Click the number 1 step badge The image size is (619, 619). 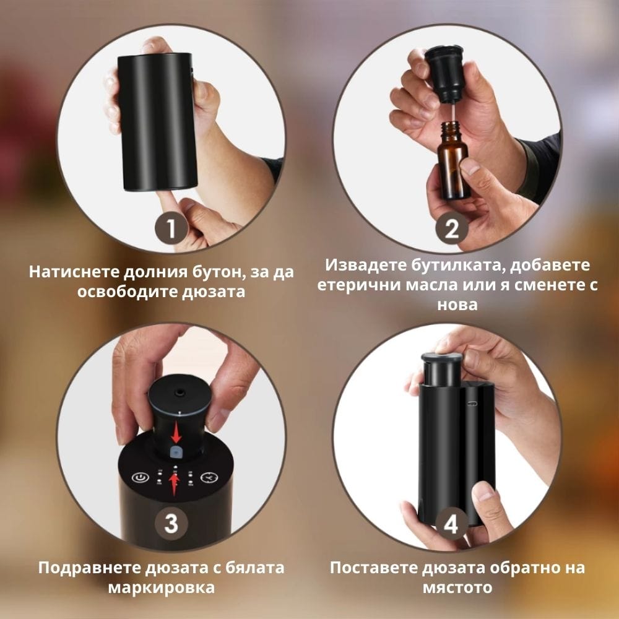pyautogui.click(x=171, y=230)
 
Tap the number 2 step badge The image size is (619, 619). pyautogui.click(x=451, y=230)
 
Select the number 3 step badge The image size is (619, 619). pyautogui.click(x=171, y=523)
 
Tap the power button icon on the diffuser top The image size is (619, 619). pyautogui.click(x=139, y=478)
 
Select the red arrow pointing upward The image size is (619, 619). pyautogui.click(x=175, y=482)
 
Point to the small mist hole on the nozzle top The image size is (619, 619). pyautogui.click(x=180, y=392)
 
